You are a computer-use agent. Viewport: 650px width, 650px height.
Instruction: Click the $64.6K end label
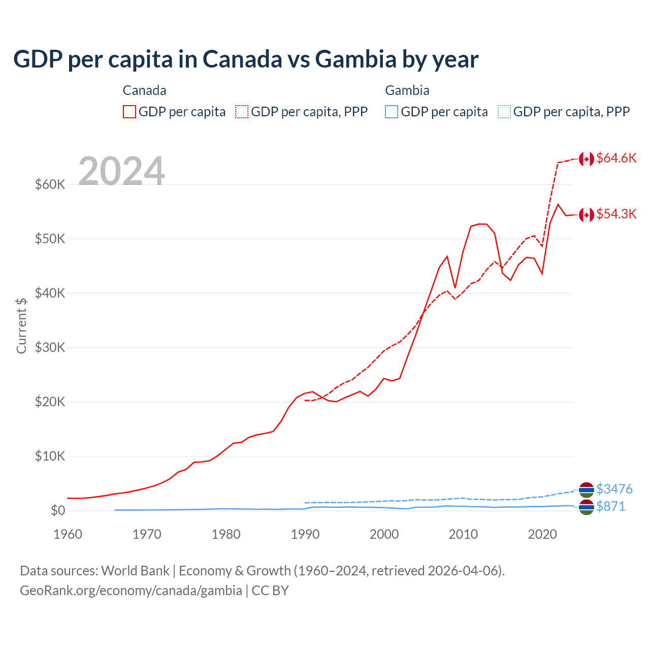pos(616,158)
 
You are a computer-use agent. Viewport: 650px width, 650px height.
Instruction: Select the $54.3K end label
pos(616,214)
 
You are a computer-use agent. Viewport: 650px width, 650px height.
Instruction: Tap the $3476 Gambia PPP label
pos(614,489)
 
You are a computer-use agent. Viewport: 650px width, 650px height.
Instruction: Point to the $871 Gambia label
pos(610,506)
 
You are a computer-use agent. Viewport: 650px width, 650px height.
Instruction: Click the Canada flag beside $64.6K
pos(587,159)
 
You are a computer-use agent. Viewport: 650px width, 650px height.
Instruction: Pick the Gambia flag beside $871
pos(587,507)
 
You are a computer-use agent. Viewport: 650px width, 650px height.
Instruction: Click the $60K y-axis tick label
pos(50,184)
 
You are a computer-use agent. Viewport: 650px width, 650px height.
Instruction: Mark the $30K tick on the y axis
pos(50,347)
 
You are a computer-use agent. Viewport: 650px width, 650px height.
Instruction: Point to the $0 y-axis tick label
pos(57,510)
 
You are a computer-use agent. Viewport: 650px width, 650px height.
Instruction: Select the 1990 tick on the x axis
pos(305,534)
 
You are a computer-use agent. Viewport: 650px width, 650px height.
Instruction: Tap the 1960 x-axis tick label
pos(68,534)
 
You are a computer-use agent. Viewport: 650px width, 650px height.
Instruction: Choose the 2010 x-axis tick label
pos(463,534)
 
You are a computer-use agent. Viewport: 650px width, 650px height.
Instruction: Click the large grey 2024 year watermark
pos(121,171)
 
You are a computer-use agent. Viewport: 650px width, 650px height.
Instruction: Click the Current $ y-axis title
pos(21,326)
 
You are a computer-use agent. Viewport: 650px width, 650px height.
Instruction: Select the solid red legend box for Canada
pos(129,112)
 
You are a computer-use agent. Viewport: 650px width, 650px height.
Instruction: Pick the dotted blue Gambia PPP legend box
pos(504,112)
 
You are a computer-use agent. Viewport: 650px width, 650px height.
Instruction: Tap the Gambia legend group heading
pos(407,90)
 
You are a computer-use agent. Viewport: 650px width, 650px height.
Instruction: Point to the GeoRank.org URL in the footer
pos(131,591)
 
